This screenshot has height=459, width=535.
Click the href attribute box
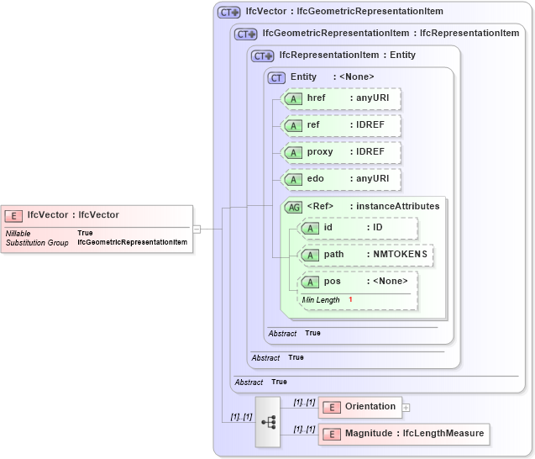(341, 99)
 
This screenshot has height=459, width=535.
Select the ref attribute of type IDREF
(341, 125)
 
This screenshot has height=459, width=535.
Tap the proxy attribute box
(341, 152)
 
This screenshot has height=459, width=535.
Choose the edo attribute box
(341, 179)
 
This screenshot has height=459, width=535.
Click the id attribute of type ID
(358, 228)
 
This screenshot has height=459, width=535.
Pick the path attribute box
(366, 255)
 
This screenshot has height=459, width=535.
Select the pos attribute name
(333, 282)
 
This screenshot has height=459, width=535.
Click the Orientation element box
(360, 407)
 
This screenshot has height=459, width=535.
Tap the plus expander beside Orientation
(406, 408)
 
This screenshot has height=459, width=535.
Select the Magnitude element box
(403, 434)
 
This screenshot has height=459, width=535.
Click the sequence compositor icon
(268, 421)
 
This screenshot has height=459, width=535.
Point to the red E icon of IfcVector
(15, 215)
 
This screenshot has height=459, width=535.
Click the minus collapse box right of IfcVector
(197, 228)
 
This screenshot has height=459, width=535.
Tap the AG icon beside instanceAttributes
(294, 207)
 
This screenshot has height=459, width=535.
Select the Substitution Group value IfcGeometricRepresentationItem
(132, 242)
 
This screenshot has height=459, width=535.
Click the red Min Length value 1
(350, 300)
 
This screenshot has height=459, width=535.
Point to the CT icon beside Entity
(276, 77)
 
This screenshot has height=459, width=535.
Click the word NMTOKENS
(400, 255)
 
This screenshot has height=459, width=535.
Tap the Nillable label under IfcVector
(18, 233)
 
